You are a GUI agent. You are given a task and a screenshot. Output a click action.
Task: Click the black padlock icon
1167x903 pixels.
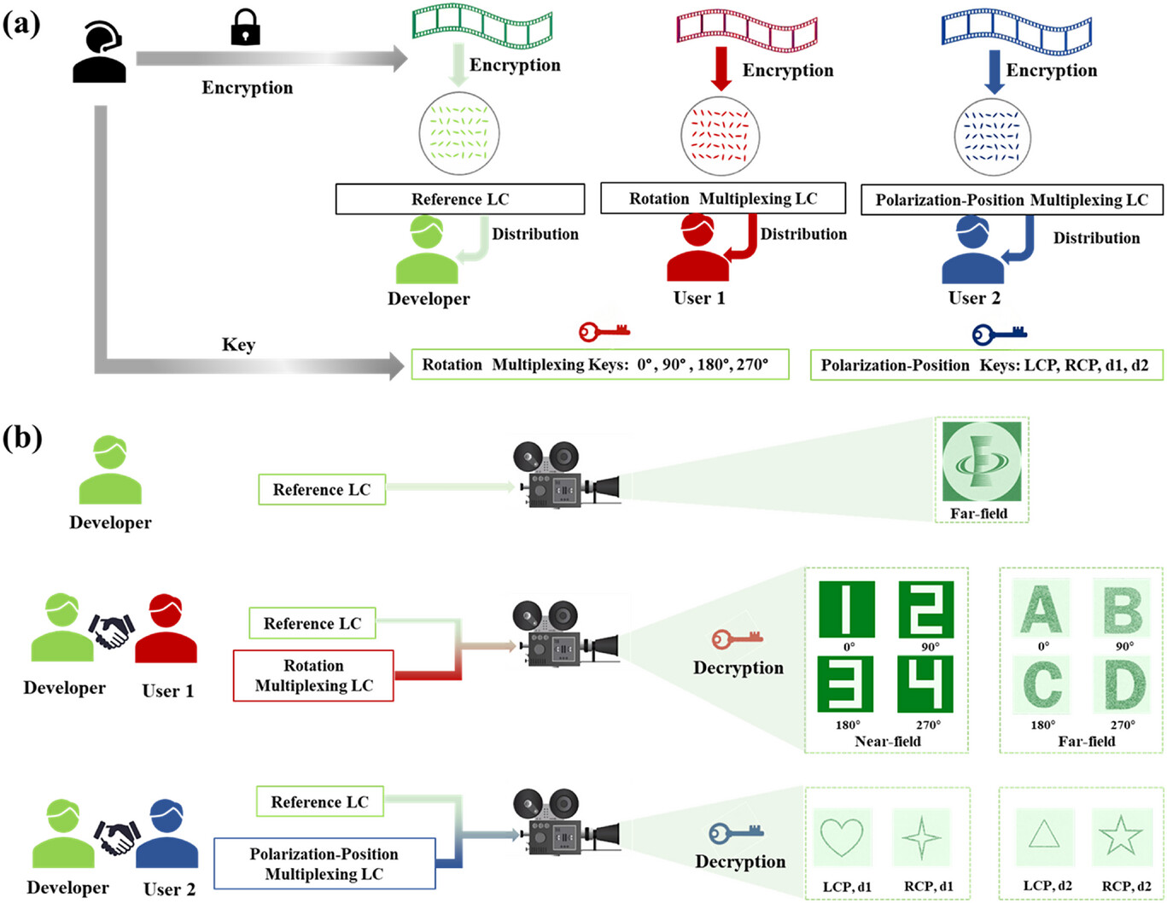coord(245,27)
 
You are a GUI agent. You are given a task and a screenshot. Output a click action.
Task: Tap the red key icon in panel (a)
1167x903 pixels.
coord(604,331)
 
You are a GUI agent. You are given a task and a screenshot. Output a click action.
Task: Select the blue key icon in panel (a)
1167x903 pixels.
coord(999,335)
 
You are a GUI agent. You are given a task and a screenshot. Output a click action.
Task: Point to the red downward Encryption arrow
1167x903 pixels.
coord(721,68)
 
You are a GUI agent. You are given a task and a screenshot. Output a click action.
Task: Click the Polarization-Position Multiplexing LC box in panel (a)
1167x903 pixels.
coord(1012,200)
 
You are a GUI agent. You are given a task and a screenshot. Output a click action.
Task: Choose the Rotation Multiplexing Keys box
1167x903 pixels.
coord(600,364)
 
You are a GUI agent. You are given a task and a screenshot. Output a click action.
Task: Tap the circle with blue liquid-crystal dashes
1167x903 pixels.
coord(992,137)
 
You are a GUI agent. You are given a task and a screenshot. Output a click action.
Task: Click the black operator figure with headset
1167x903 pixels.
coord(99,51)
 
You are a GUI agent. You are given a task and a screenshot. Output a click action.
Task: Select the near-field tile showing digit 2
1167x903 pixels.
coord(925,609)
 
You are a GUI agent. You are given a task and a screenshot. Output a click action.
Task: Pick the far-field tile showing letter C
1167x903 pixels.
coord(1042,685)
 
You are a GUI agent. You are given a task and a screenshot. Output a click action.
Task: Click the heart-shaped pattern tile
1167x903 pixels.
coord(842,836)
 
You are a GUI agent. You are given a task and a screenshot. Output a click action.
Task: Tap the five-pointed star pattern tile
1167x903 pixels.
coord(1120,836)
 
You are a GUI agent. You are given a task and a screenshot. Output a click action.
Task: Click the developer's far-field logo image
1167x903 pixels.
coord(982,462)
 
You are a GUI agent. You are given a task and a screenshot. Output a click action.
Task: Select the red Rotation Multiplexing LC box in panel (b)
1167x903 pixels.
coord(313,675)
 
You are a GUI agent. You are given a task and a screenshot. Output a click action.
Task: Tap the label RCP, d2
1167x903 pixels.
coord(1126,886)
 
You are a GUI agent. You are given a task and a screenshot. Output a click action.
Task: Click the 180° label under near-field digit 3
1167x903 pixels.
coord(848,725)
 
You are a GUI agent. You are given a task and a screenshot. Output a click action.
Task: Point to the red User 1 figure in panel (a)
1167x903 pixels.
coord(697,248)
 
